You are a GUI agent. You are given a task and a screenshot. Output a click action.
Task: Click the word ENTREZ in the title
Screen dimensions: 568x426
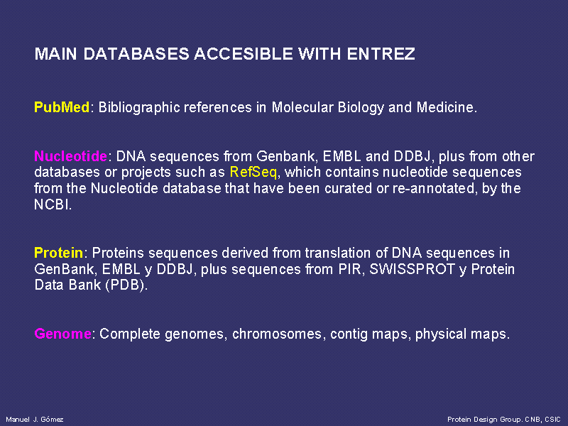point(381,54)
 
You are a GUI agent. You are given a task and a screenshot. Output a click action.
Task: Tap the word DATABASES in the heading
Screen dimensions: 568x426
point(136,54)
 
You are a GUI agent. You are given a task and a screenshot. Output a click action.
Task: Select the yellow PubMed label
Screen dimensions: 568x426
point(62,107)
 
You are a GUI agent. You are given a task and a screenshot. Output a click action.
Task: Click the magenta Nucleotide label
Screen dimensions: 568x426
point(70,156)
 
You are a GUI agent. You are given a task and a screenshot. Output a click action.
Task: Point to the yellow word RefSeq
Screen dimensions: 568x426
point(253,173)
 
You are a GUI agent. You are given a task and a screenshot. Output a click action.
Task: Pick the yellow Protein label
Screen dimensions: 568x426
point(59,253)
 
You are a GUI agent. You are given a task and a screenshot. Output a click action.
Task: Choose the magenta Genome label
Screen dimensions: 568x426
point(62,334)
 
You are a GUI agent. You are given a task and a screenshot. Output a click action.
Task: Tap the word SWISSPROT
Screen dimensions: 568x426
point(412,269)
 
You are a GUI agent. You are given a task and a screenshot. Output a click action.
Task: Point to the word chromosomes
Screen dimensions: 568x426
point(277,334)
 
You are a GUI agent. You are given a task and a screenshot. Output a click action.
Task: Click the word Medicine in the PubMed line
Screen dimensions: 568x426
point(445,107)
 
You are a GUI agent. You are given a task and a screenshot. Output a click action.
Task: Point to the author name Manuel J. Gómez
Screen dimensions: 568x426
point(35,420)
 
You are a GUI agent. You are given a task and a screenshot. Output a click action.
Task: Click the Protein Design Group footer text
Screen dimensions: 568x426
point(504,420)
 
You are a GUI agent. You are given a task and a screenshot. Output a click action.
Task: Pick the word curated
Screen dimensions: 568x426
point(348,188)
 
